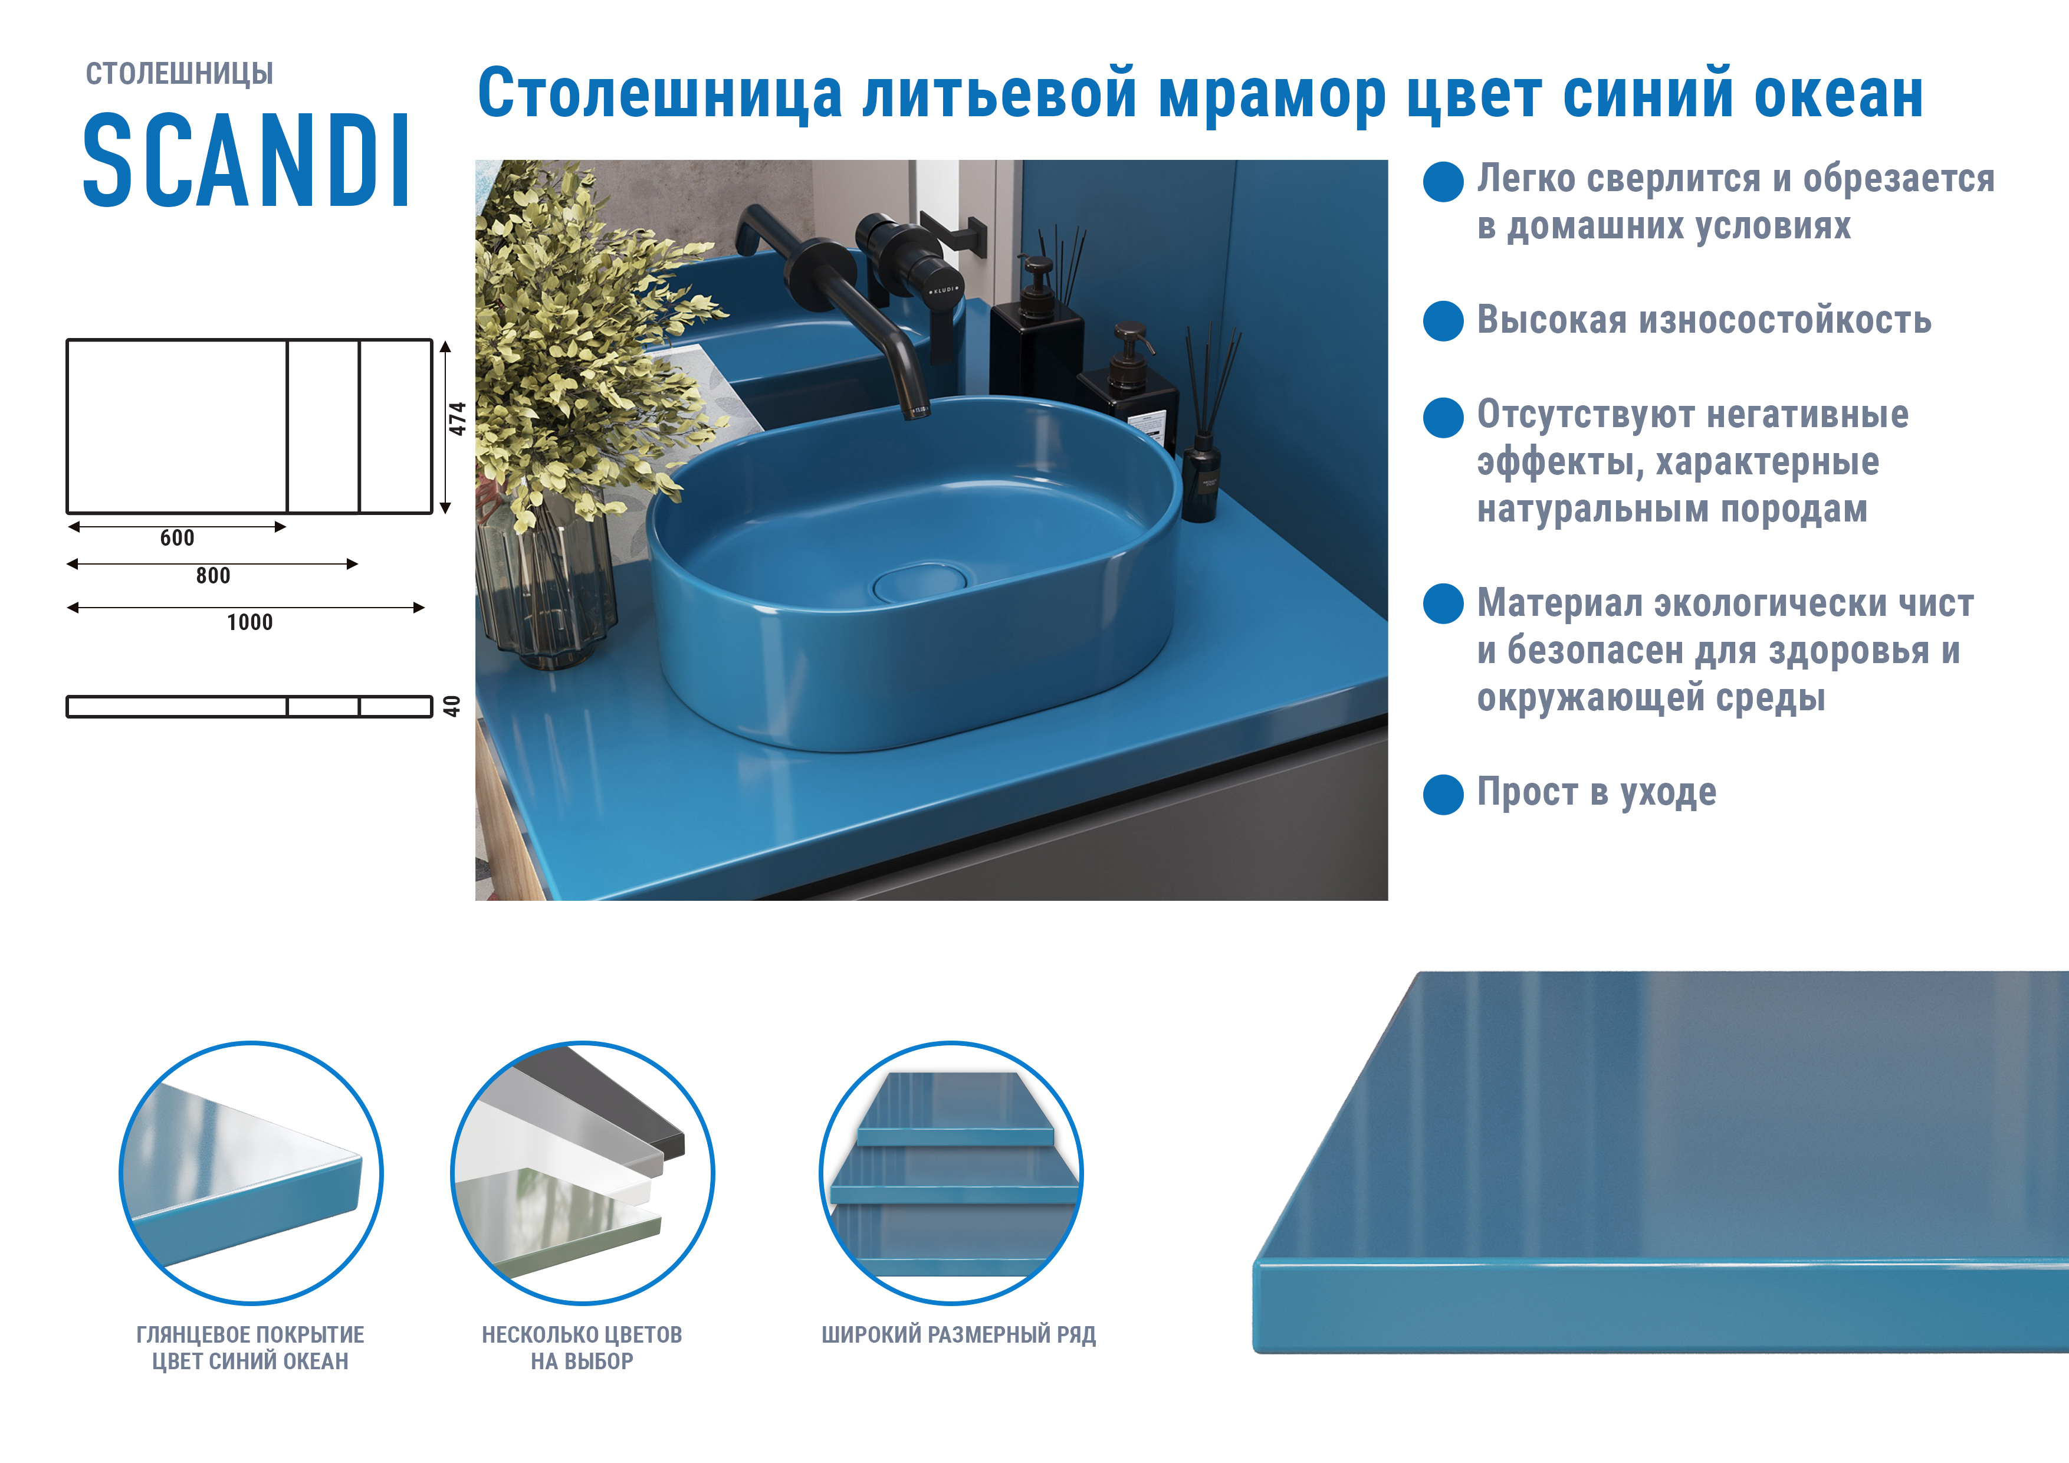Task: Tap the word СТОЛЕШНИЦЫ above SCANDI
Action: tap(179, 74)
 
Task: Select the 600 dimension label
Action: tap(176, 538)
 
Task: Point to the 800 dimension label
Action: tap(213, 576)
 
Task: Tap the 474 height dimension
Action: tap(458, 419)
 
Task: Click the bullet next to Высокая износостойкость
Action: tap(1443, 321)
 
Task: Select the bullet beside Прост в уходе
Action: tap(1443, 794)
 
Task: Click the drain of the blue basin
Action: tap(919, 582)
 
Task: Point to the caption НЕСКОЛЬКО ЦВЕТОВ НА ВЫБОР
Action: tap(582, 1347)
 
